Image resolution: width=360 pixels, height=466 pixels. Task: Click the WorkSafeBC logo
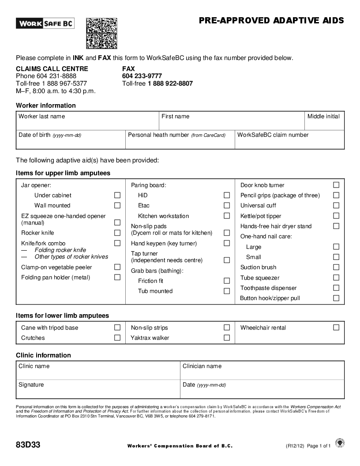(x=45, y=23)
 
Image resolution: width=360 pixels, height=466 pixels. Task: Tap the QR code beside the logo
(x=101, y=33)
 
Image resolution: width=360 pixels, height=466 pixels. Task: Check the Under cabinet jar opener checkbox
(x=117, y=195)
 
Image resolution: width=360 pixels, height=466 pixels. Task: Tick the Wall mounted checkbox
(x=117, y=205)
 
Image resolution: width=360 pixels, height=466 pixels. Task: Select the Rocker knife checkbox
(x=117, y=233)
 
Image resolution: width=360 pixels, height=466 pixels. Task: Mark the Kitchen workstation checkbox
(x=227, y=216)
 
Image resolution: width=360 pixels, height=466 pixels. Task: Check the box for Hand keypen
(x=227, y=243)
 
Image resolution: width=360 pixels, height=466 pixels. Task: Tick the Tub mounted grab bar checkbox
(x=227, y=291)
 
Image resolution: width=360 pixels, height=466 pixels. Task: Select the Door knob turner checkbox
(x=336, y=185)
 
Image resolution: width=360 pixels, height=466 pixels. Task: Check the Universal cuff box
(x=336, y=205)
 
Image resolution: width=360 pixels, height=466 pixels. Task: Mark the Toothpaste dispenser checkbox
(x=336, y=288)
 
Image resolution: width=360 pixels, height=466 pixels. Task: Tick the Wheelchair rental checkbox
(x=336, y=327)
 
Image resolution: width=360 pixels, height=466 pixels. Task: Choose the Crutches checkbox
(x=117, y=338)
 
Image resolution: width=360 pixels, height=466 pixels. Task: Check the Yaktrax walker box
(x=227, y=338)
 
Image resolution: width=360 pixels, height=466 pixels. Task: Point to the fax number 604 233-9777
(x=142, y=76)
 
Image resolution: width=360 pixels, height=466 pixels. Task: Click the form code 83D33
(x=28, y=445)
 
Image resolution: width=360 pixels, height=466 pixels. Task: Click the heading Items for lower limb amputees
(x=62, y=316)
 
